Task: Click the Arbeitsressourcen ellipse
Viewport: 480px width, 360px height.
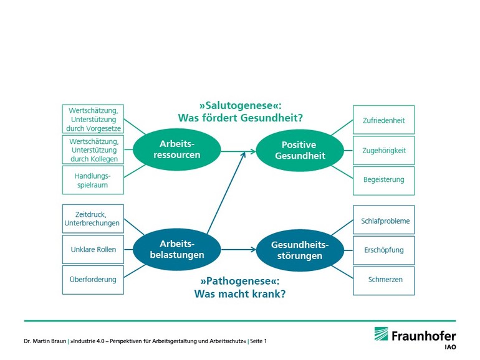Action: (x=176, y=149)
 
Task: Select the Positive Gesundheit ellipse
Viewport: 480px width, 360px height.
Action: (x=300, y=150)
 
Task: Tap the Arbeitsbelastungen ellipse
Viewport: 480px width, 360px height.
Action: (x=176, y=249)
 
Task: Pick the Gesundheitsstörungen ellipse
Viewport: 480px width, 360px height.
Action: (x=300, y=250)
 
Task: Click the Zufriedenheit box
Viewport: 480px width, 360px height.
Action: (x=383, y=120)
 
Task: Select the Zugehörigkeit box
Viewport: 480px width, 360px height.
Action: (x=383, y=151)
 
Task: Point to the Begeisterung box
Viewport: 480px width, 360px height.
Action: (x=383, y=181)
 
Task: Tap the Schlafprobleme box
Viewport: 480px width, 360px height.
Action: (x=383, y=220)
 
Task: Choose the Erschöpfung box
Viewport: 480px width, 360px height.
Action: (x=383, y=250)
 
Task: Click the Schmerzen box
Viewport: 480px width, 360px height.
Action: (x=383, y=281)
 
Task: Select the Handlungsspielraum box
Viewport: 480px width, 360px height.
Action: (x=93, y=180)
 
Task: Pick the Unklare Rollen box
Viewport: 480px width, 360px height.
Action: (x=93, y=249)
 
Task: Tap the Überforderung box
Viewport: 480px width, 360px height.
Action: (x=93, y=280)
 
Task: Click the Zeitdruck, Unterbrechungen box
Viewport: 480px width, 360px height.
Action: (x=93, y=219)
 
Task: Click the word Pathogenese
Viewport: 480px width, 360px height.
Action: (x=240, y=281)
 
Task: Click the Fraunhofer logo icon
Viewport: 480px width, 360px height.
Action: (x=381, y=334)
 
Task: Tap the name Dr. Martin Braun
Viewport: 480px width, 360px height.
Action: (x=45, y=341)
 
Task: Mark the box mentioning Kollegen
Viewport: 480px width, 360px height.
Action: (x=93, y=150)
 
